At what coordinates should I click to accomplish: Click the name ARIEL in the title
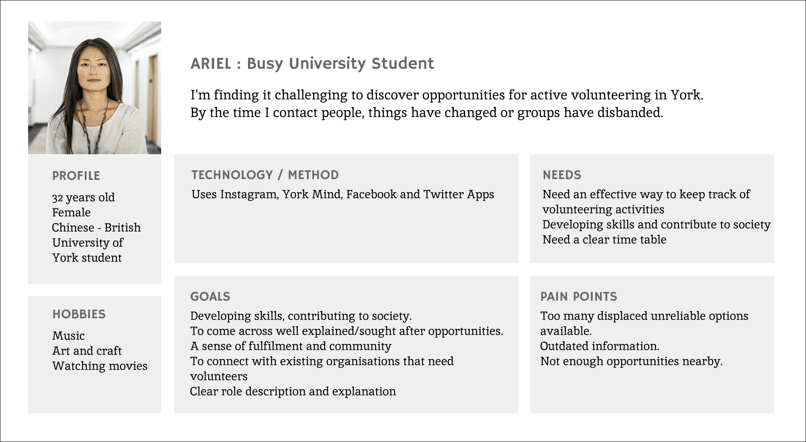[x=211, y=64]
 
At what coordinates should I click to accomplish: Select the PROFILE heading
[x=76, y=176]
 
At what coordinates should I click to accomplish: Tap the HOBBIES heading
[x=79, y=314]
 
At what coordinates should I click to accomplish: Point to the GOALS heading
[x=210, y=296]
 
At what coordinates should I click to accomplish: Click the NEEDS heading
[x=562, y=175]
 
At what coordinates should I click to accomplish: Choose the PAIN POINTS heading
[x=579, y=296]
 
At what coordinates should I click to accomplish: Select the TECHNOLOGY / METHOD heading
[x=265, y=175]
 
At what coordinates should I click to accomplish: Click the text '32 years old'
[x=83, y=198]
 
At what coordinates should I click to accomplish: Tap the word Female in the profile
[x=71, y=212]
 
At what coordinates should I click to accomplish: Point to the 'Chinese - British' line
[x=96, y=227]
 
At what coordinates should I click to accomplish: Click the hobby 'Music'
[x=68, y=335]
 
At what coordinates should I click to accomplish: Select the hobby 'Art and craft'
[x=87, y=351]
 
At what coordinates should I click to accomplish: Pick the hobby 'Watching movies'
[x=100, y=366]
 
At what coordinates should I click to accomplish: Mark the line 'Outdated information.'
[x=599, y=346]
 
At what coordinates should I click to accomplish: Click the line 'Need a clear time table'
[x=604, y=239]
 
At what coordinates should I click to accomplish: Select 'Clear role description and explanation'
[x=293, y=392]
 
